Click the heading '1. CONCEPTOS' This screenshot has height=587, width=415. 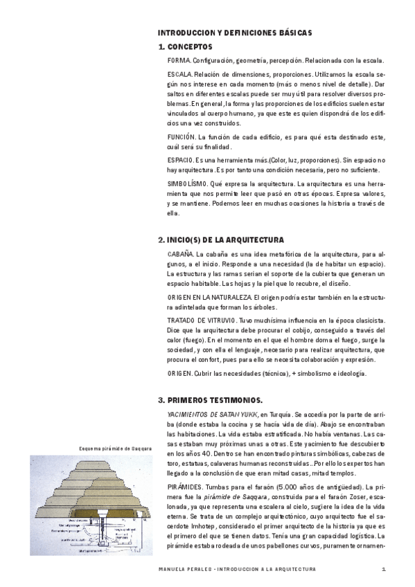[x=186, y=47]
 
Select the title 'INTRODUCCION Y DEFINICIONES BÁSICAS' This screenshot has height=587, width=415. [x=235, y=33]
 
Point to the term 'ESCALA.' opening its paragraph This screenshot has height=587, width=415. [x=179, y=73]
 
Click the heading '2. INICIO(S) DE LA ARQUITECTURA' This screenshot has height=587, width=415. [x=221, y=240]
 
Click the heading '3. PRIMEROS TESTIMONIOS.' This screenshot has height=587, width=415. [x=210, y=400]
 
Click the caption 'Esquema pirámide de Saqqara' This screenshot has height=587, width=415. [x=115, y=447]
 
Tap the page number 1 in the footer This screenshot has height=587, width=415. [x=382, y=569]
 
